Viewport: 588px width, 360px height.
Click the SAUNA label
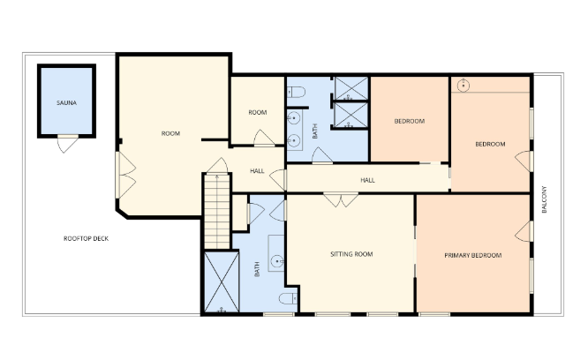tap(66, 103)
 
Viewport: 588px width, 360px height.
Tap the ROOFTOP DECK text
tap(86, 239)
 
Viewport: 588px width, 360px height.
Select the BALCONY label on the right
tap(546, 199)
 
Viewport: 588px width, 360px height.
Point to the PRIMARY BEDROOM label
tap(472, 255)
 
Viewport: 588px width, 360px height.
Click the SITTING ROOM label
tap(351, 254)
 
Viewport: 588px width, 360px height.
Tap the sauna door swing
tap(67, 143)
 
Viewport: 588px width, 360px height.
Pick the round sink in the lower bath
tap(277, 259)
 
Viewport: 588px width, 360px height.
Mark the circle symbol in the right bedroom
tap(464, 86)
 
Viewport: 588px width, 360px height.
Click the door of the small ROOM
tap(262, 138)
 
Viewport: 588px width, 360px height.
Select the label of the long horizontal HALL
tap(367, 180)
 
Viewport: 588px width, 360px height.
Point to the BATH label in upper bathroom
tap(315, 131)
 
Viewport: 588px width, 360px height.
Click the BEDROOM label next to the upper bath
tap(409, 121)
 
